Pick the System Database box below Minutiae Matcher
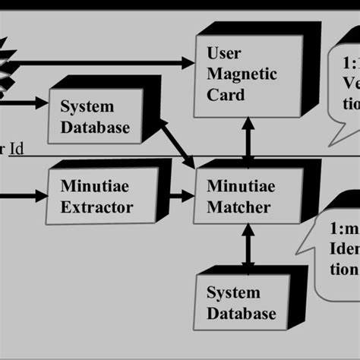[242, 302]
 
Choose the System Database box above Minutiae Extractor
[94, 117]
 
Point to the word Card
[226, 95]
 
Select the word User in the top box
[224, 54]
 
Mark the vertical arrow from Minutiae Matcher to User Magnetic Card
[248, 140]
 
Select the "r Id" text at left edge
[12, 149]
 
